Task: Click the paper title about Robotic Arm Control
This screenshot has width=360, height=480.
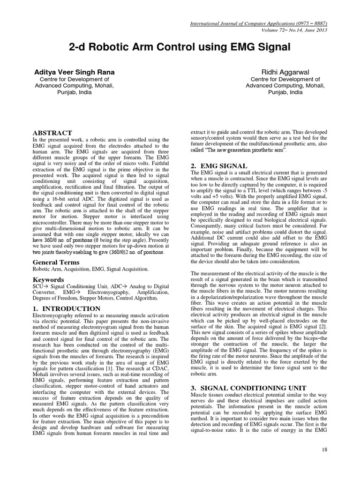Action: [180, 47]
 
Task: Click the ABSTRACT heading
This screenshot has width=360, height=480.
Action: [52, 133]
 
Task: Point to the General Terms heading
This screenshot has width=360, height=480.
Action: [55, 262]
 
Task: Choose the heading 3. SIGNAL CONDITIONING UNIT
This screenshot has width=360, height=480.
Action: [247, 388]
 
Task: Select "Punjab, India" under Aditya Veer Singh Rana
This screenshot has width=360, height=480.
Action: [74, 92]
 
